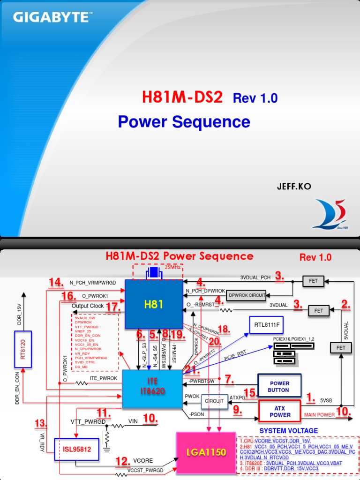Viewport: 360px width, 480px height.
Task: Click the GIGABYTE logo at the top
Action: (x=52, y=18)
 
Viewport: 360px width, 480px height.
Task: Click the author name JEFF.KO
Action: (x=294, y=187)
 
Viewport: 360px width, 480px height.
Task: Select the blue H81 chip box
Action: (x=154, y=304)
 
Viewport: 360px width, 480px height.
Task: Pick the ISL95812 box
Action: (x=74, y=449)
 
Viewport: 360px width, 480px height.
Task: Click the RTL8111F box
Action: (x=266, y=324)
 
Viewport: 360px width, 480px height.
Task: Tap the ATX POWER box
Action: (x=279, y=412)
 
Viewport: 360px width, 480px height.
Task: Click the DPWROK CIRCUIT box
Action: (x=246, y=295)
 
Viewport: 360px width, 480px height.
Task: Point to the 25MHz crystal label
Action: (x=172, y=267)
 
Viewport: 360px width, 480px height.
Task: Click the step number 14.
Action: (x=56, y=283)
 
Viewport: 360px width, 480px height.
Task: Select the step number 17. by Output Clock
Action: (x=113, y=307)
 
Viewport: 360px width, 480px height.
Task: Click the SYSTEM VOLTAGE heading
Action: (x=288, y=431)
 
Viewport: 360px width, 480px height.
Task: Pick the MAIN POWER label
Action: (x=320, y=414)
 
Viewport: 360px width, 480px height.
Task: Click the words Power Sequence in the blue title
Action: (x=184, y=121)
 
